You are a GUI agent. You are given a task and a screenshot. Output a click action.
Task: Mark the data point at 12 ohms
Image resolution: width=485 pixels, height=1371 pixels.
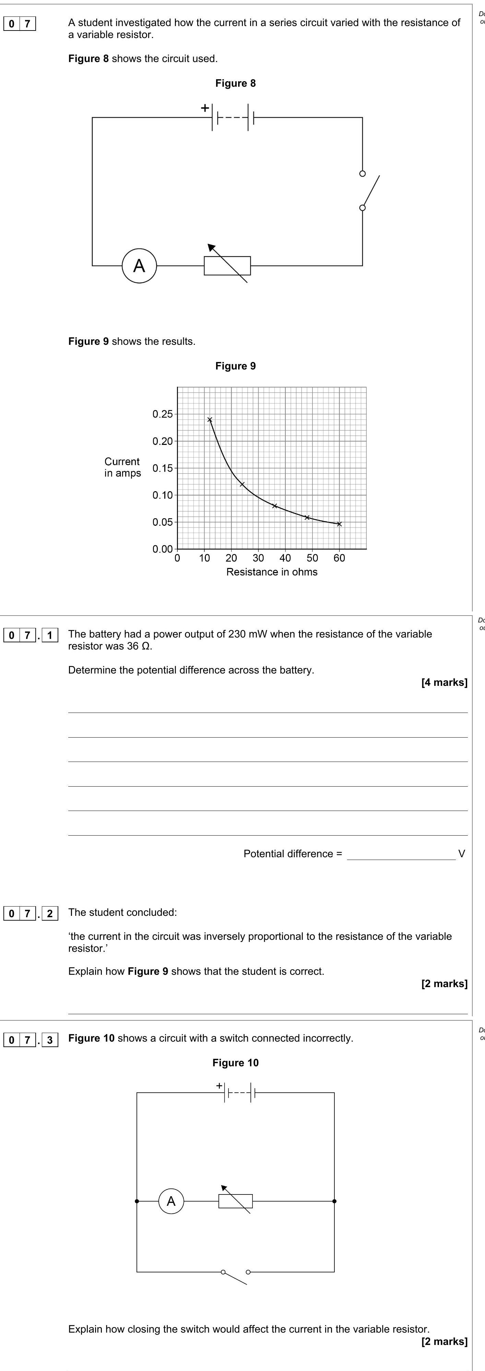coord(210,420)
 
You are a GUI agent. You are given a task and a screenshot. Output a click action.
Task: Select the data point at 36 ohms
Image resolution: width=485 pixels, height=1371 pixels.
coord(275,506)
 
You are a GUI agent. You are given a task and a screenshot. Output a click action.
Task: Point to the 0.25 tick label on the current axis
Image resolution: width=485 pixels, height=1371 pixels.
coord(162,414)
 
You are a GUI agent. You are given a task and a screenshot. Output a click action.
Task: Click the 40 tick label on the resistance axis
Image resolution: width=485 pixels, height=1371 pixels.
coord(285,558)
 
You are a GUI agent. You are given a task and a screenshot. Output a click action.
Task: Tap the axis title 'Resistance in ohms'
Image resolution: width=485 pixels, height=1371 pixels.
coord(272,572)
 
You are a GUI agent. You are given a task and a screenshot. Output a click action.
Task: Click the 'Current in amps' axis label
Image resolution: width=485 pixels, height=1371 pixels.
coord(122,467)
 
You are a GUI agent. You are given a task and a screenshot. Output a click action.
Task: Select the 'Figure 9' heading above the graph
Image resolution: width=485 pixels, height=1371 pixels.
coord(235,366)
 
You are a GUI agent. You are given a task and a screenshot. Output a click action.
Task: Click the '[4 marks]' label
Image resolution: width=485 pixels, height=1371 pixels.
coord(444,682)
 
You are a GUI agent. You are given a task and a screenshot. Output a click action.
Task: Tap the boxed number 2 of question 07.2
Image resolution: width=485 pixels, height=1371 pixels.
coord(49,914)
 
